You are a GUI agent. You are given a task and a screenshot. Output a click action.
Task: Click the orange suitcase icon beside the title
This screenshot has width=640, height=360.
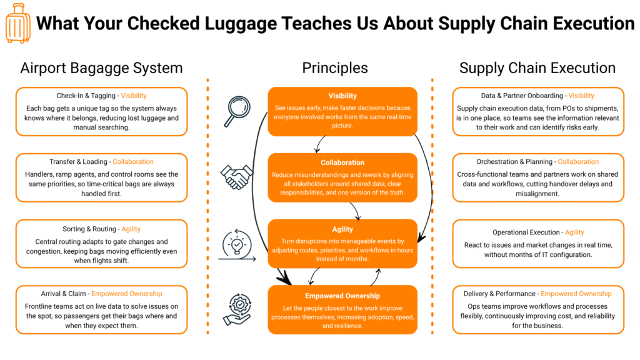(17, 23)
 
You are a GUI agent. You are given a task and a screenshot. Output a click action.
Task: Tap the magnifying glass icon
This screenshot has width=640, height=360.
(236, 110)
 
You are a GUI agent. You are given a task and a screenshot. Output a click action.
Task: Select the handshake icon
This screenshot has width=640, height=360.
(236, 177)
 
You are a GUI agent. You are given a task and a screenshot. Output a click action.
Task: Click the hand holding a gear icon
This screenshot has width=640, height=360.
(236, 310)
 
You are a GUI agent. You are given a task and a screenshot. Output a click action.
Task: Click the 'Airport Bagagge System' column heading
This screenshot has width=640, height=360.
(101, 68)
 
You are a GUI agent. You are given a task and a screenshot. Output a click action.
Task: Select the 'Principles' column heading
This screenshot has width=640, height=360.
(335, 68)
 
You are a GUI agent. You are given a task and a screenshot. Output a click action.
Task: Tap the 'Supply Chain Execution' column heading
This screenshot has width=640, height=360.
(537, 68)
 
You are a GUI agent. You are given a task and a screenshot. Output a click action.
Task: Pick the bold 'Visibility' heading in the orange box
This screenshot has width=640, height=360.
(342, 96)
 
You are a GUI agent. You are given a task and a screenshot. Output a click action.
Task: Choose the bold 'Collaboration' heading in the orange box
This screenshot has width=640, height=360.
(342, 163)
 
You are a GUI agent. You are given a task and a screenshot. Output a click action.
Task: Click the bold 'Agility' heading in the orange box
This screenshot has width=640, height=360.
(342, 229)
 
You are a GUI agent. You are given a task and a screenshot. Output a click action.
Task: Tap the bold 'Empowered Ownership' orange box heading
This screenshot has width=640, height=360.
(342, 296)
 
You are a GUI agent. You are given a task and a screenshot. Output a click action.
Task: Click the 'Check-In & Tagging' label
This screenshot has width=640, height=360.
(86, 96)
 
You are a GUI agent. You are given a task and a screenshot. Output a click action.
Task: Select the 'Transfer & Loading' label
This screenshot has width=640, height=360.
(79, 162)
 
